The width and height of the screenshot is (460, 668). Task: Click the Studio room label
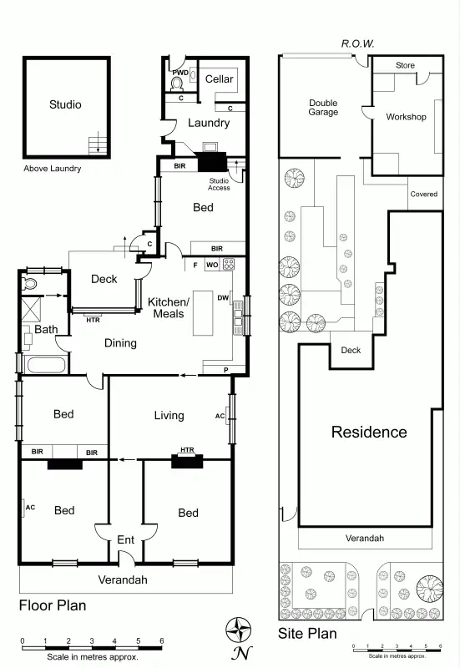[65, 105]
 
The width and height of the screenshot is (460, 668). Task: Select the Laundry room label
[208, 124]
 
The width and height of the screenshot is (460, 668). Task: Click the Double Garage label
[323, 108]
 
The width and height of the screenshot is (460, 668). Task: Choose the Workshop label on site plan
[406, 117]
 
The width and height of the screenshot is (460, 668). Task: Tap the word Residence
[369, 432]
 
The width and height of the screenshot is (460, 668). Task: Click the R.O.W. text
[357, 43]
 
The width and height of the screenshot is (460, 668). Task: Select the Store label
[405, 65]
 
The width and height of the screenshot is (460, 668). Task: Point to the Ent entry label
[125, 540]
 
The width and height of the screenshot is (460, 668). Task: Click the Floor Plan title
[52, 605]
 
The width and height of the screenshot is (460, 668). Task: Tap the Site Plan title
[307, 634]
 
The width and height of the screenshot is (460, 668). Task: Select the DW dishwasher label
[223, 297]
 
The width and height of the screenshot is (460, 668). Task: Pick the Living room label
[169, 415]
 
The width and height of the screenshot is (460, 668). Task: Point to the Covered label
[423, 195]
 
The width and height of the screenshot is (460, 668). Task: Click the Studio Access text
[219, 185]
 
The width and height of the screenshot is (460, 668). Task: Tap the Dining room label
[120, 342]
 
